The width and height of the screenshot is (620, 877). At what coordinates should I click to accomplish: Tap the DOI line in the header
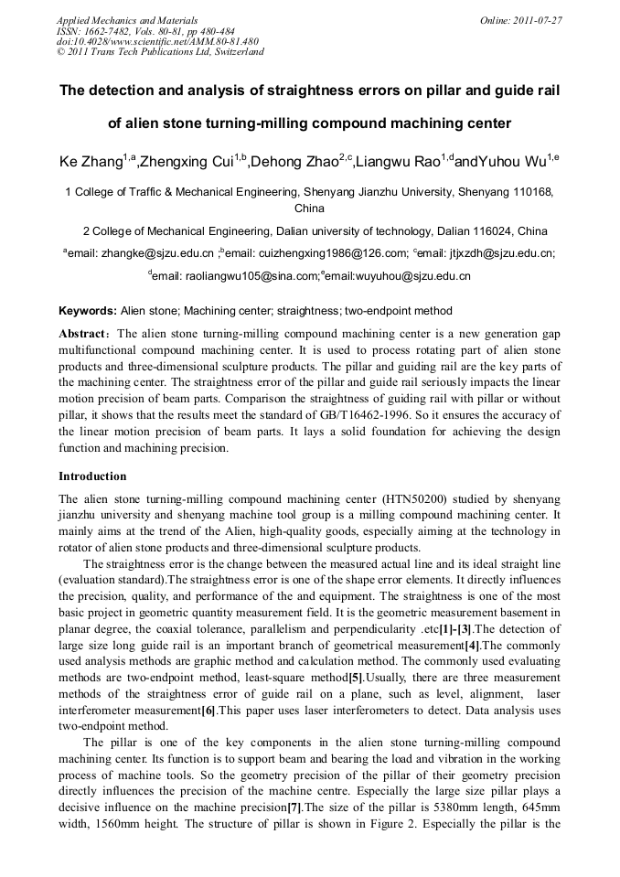157,41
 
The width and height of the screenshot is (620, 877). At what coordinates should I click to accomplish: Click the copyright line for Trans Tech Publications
160,52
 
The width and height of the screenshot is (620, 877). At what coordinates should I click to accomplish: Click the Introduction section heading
92,476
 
